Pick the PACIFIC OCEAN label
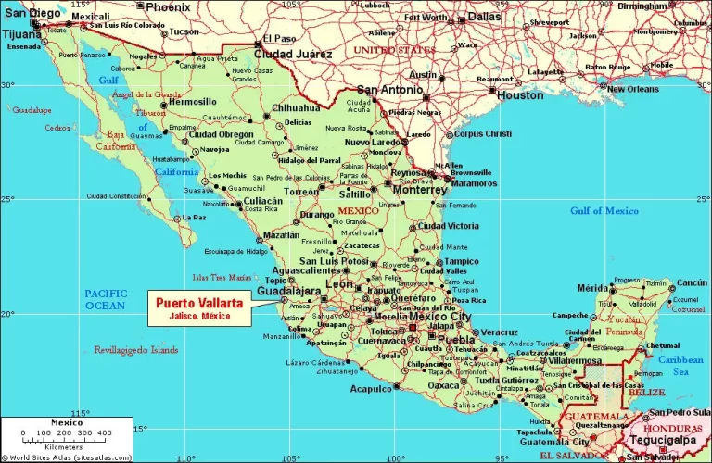(x=106, y=298)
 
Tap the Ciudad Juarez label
(x=294, y=54)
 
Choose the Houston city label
(x=520, y=94)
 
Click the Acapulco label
(x=371, y=389)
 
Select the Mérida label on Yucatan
(x=592, y=288)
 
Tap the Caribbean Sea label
(x=680, y=365)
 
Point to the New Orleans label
(x=634, y=89)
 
